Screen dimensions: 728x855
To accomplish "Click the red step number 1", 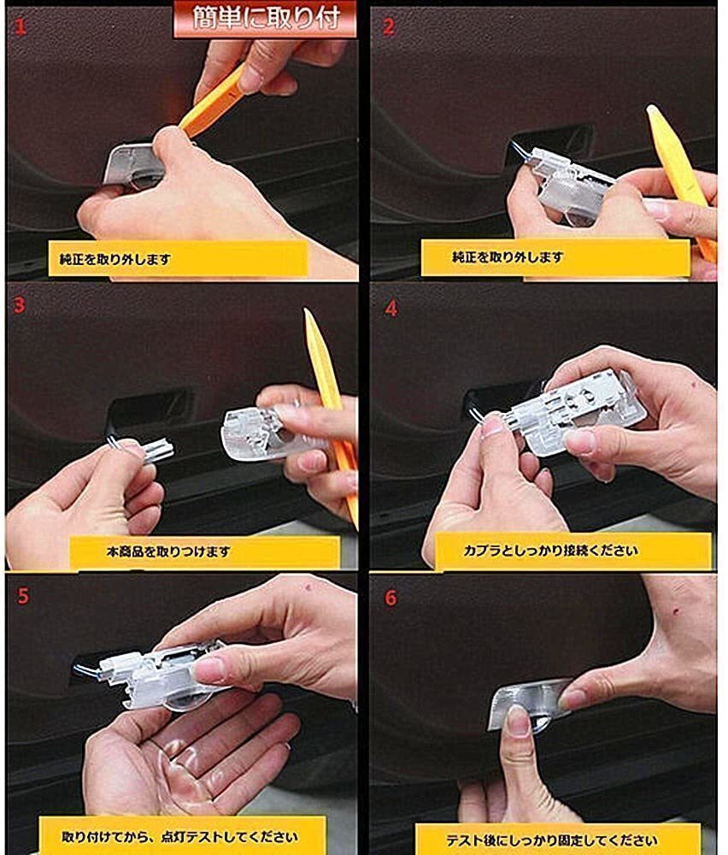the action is coord(21,27).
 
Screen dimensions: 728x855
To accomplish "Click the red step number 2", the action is coord(389,27).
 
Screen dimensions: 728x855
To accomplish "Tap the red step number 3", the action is coord(20,304).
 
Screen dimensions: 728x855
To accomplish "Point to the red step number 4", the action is coord(390,309).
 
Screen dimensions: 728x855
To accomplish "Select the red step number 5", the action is coord(23,595).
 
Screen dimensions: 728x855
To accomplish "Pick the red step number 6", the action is coord(390,598).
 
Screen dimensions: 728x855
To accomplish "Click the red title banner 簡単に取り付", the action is coord(266,19).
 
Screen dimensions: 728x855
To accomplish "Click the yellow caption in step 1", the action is coord(178,259).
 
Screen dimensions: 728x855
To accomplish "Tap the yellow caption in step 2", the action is coord(555,257).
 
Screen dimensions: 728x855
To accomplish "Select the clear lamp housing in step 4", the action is coord(578,409).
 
